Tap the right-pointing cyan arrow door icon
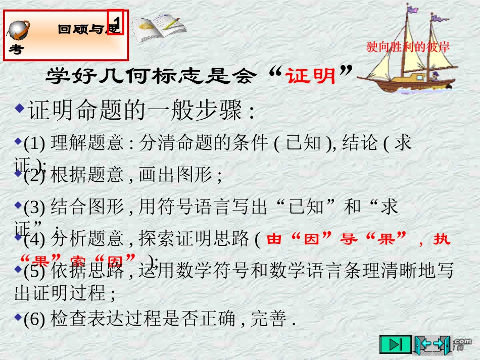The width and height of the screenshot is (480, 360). point(442,344)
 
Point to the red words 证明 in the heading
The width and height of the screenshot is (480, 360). point(311,76)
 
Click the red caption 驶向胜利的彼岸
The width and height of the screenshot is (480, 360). point(408,47)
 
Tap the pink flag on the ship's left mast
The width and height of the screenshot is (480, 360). point(413,9)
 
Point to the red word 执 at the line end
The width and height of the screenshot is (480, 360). point(442,239)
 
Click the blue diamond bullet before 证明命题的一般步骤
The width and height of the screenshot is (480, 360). point(19,109)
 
